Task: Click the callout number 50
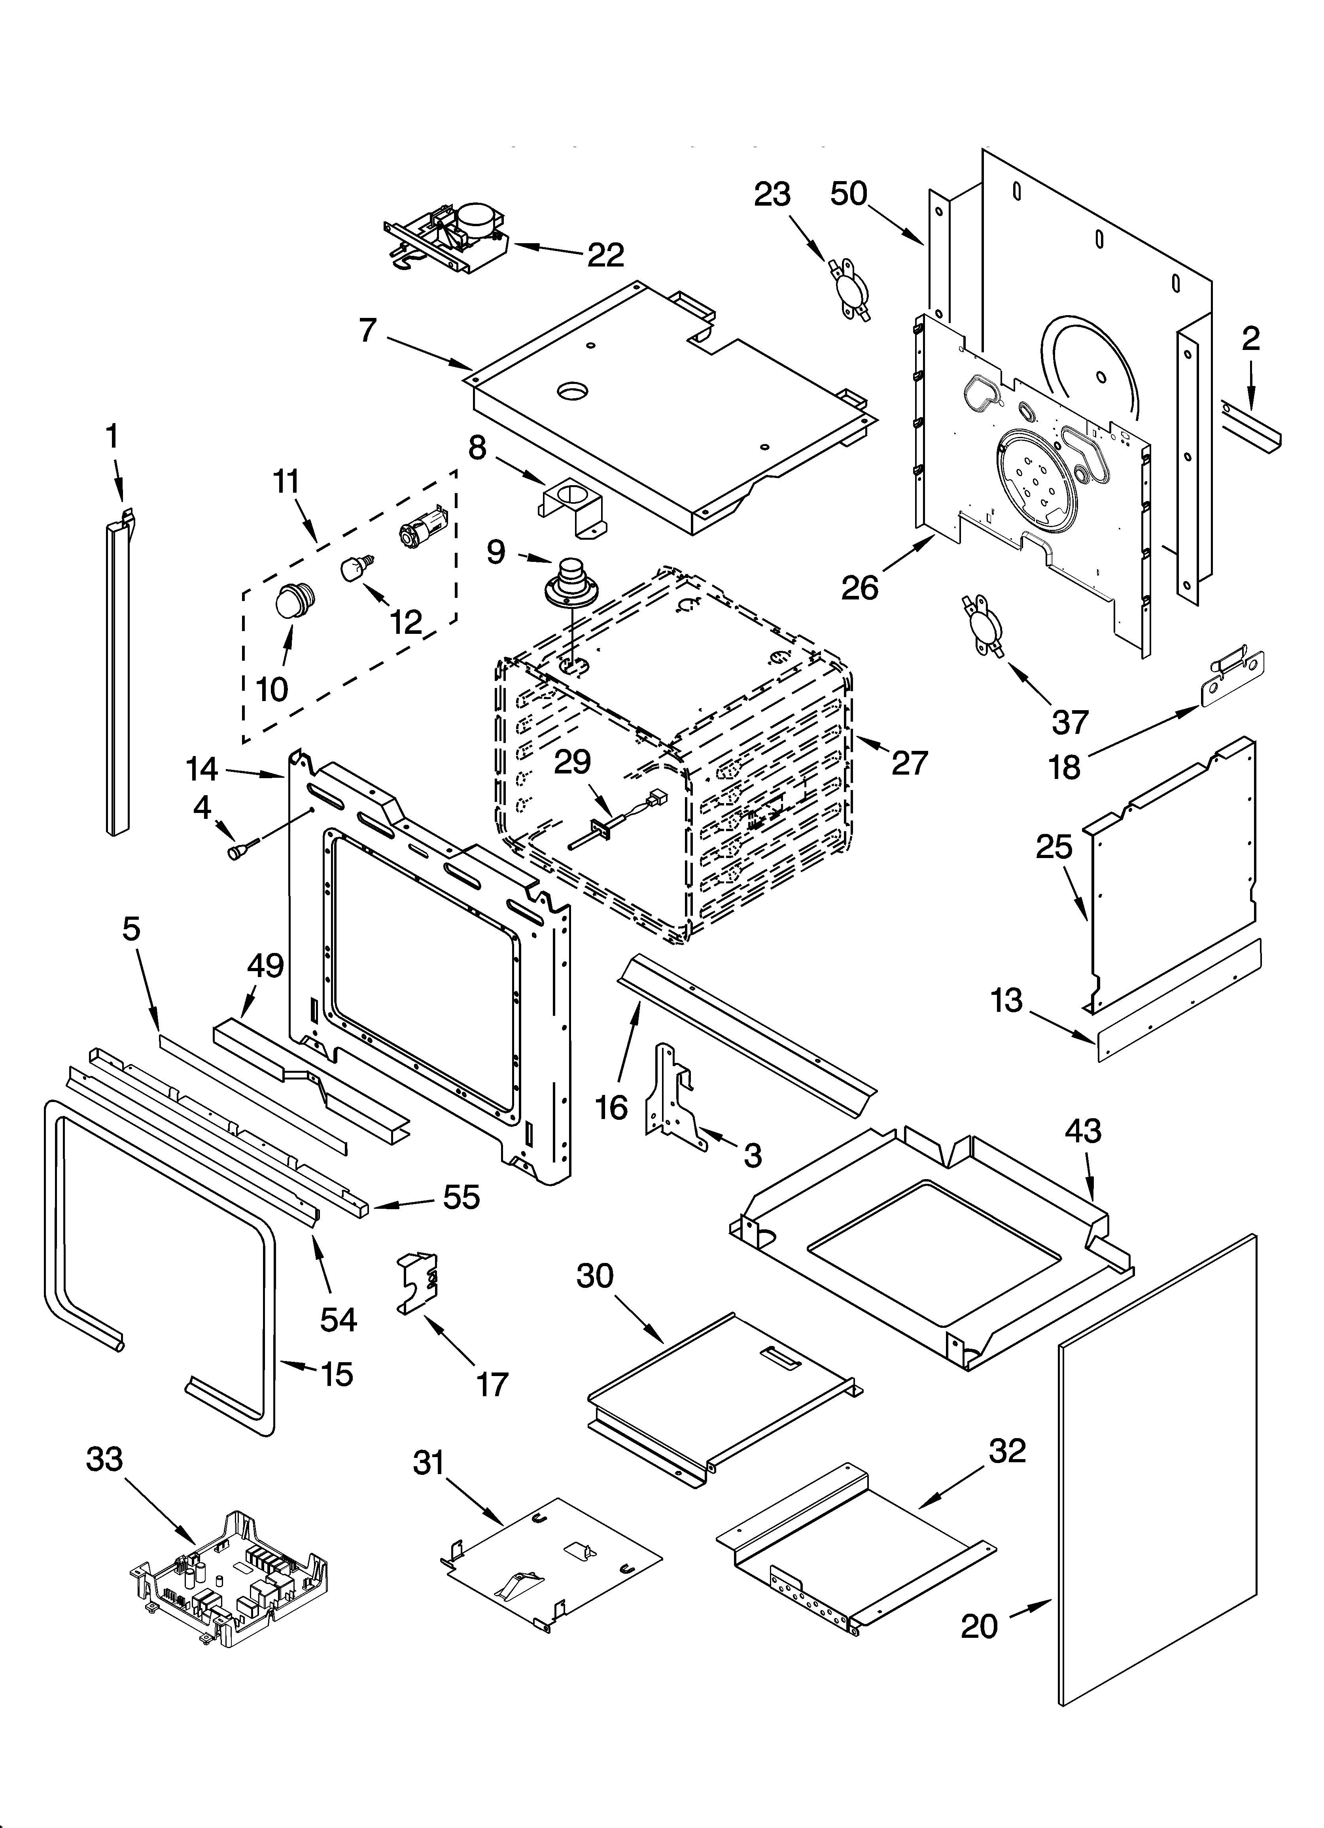point(848,194)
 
